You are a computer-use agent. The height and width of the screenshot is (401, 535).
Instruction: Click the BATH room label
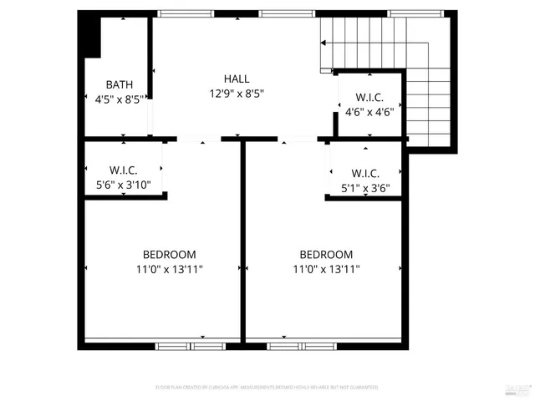pyautogui.click(x=119, y=84)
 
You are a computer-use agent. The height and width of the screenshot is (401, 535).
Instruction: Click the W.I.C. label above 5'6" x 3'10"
pyautogui.click(x=123, y=170)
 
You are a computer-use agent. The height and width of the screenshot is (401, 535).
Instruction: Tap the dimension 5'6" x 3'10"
pyautogui.click(x=123, y=185)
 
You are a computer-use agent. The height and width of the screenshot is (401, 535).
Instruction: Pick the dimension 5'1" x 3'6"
pyautogui.click(x=366, y=188)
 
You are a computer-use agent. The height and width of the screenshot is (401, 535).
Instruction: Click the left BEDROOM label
pyautogui.click(x=169, y=255)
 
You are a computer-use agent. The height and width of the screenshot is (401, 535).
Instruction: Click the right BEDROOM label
pyautogui.click(x=326, y=255)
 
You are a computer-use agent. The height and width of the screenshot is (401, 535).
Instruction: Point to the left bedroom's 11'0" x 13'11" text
pyautogui.click(x=169, y=269)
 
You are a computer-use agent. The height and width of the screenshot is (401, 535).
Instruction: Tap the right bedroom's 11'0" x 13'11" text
pyautogui.click(x=326, y=269)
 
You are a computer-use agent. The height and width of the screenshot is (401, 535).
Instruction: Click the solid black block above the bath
pyautogui.click(x=89, y=35)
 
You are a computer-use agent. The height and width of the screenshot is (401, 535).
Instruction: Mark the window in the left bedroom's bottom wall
pyautogui.click(x=191, y=345)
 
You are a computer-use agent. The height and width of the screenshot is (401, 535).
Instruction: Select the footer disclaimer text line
pyautogui.click(x=267, y=388)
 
